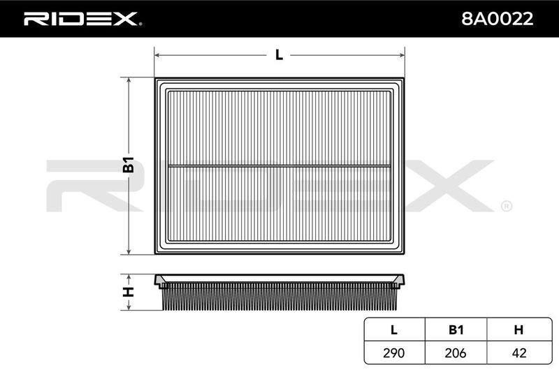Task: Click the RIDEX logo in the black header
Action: tap(82, 19)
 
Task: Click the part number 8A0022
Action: tap(497, 19)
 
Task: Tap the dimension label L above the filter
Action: tap(279, 55)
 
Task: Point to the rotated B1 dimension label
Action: tap(129, 165)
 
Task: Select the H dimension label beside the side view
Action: tap(129, 292)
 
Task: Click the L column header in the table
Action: tap(394, 330)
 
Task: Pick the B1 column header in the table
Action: tap(456, 330)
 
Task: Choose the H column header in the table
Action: tap(518, 330)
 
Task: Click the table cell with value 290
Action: tap(394, 352)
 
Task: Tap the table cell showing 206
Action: tap(456, 352)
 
